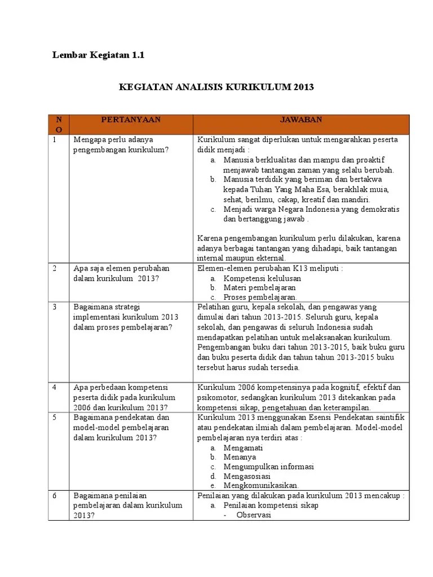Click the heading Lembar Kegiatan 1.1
(x=99, y=55)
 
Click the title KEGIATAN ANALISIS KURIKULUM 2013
(x=216, y=87)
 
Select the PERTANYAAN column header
(x=131, y=120)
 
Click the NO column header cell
(x=59, y=125)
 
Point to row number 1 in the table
(x=55, y=139)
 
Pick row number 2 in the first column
(x=55, y=268)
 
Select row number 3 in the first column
(x=55, y=307)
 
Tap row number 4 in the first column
(x=55, y=388)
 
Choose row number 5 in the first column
(x=55, y=418)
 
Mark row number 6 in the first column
(x=55, y=495)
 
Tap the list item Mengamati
(x=243, y=448)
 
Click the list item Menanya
(x=240, y=457)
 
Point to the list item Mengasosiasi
(x=247, y=476)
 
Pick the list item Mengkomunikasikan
(x=261, y=485)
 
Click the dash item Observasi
(x=254, y=515)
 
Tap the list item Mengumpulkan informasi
(x=268, y=467)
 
